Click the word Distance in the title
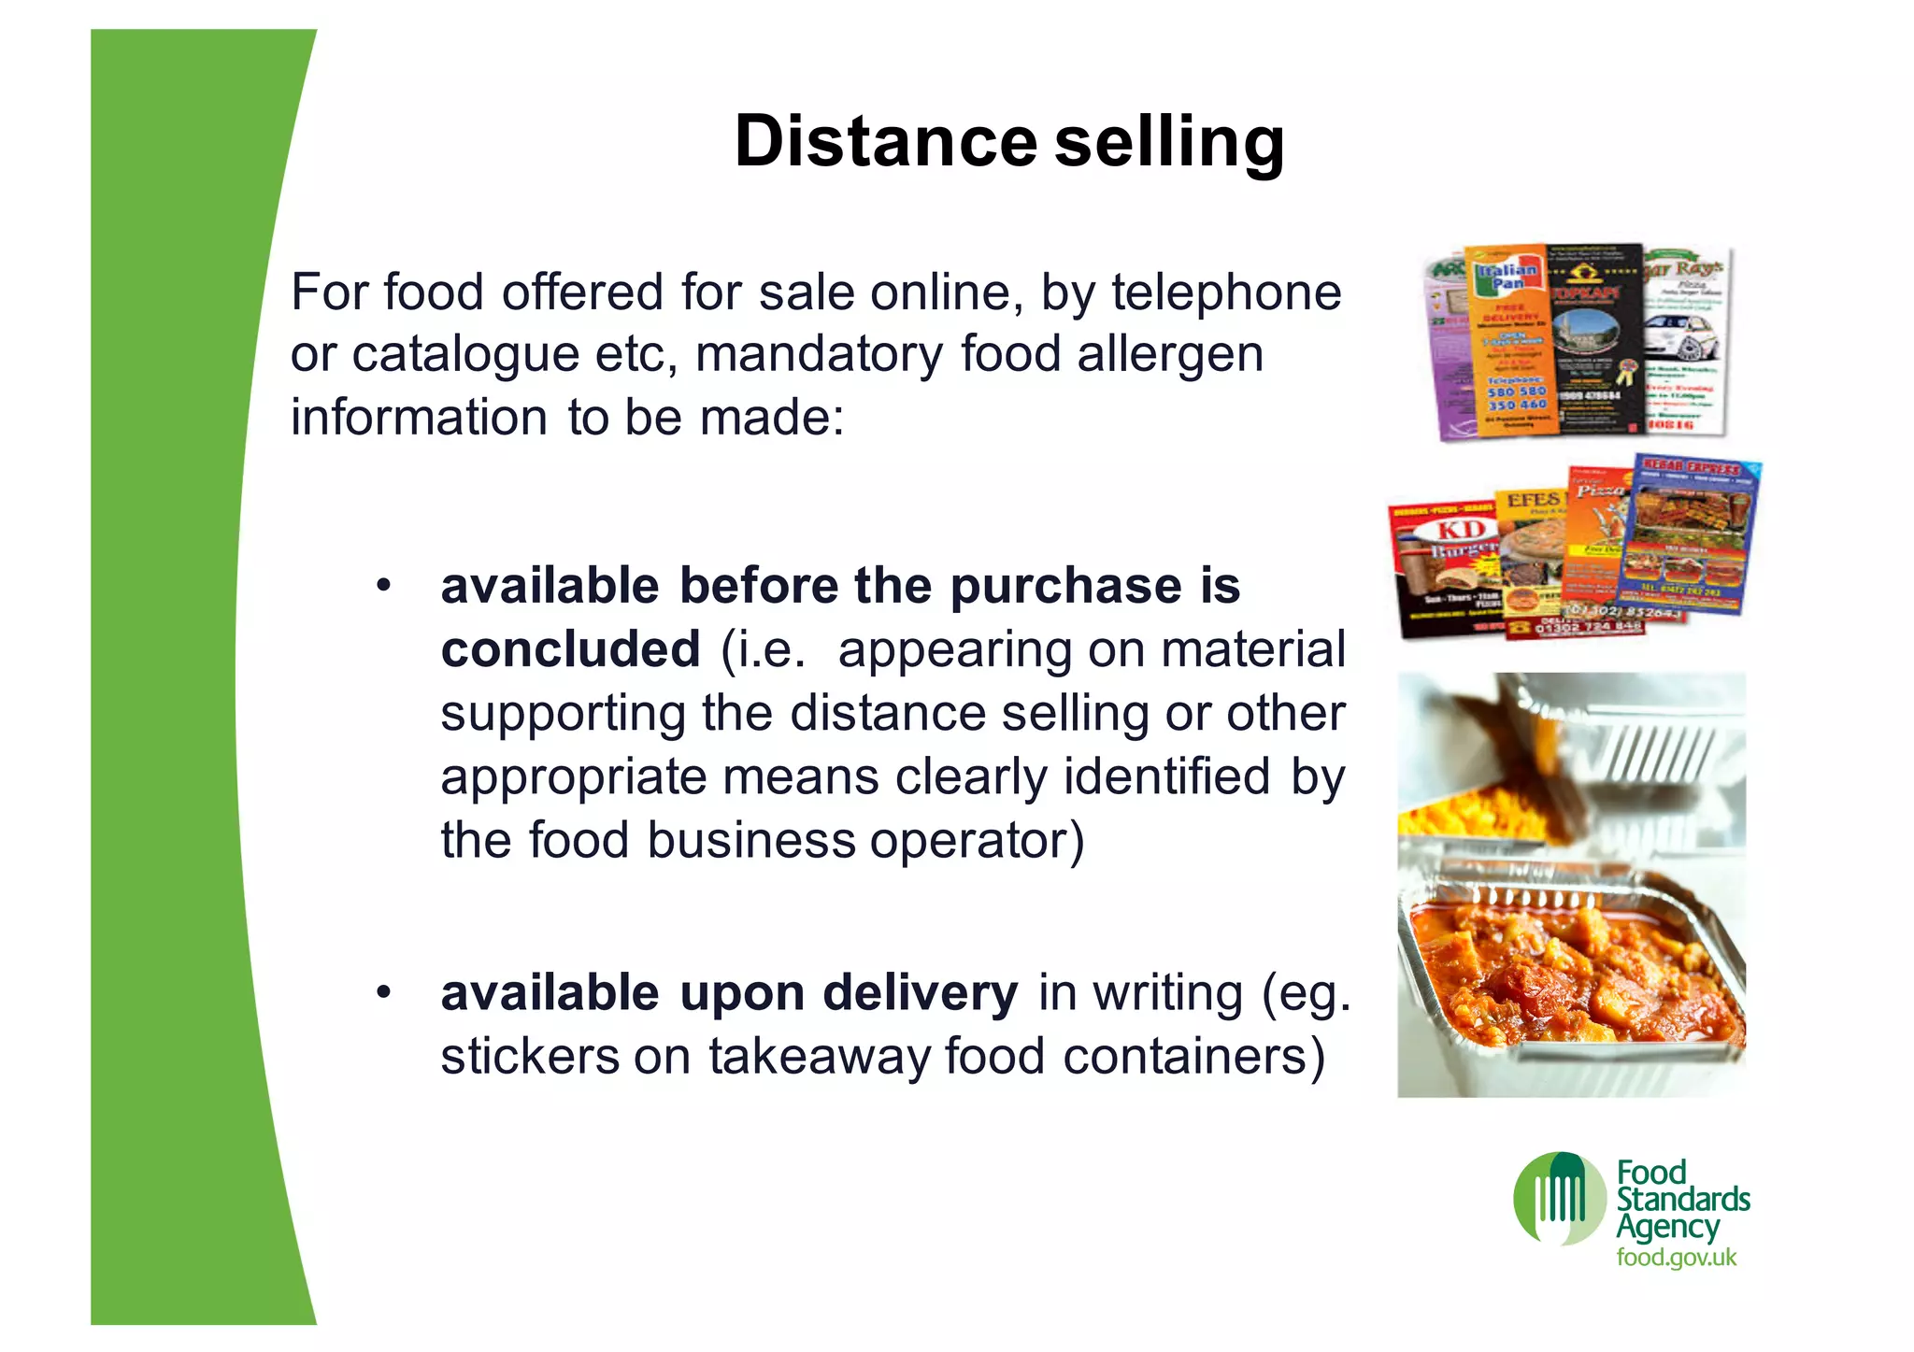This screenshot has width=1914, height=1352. (885, 142)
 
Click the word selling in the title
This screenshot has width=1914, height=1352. (1169, 142)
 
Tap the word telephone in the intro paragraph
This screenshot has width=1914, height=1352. (1226, 292)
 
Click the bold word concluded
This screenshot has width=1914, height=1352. (570, 649)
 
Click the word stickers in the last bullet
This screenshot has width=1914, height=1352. (530, 1057)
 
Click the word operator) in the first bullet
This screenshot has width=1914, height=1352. (977, 840)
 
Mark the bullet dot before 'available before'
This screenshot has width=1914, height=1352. (382, 587)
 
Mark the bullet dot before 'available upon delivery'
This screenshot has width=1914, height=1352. (382, 992)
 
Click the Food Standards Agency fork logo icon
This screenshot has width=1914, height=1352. (1559, 1200)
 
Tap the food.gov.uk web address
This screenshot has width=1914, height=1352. (1676, 1258)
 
